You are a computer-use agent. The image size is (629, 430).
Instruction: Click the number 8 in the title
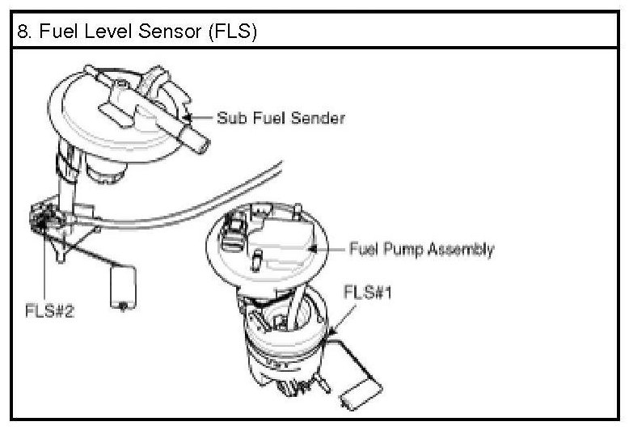click(x=23, y=32)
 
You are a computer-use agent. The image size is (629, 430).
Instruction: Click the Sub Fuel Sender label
click(x=281, y=118)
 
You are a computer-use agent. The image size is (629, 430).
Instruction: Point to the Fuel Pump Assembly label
click(x=420, y=249)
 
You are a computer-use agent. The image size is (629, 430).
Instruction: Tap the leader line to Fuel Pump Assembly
click(x=330, y=248)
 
